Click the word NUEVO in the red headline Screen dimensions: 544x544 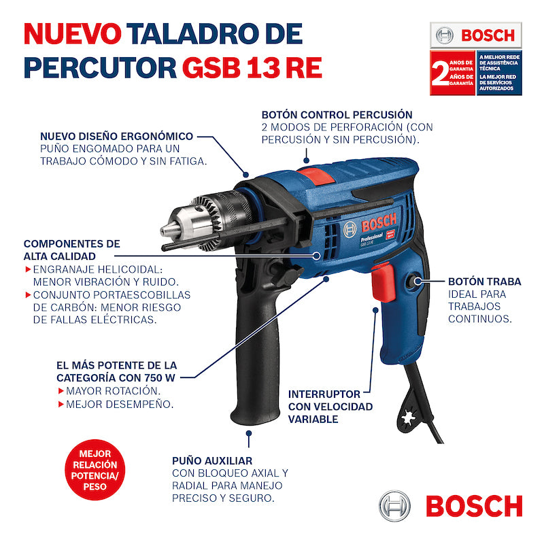(73, 34)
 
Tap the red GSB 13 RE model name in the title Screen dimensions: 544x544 (252, 67)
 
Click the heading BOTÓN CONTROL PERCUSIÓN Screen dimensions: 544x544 (337, 115)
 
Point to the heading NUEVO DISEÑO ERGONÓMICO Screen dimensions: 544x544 (116, 136)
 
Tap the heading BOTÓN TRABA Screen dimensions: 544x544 (484, 281)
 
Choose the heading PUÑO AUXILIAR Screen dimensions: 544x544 (211, 460)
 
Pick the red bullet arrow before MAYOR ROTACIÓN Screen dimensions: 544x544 (61, 391)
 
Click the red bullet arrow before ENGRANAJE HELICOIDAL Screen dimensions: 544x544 (27, 269)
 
